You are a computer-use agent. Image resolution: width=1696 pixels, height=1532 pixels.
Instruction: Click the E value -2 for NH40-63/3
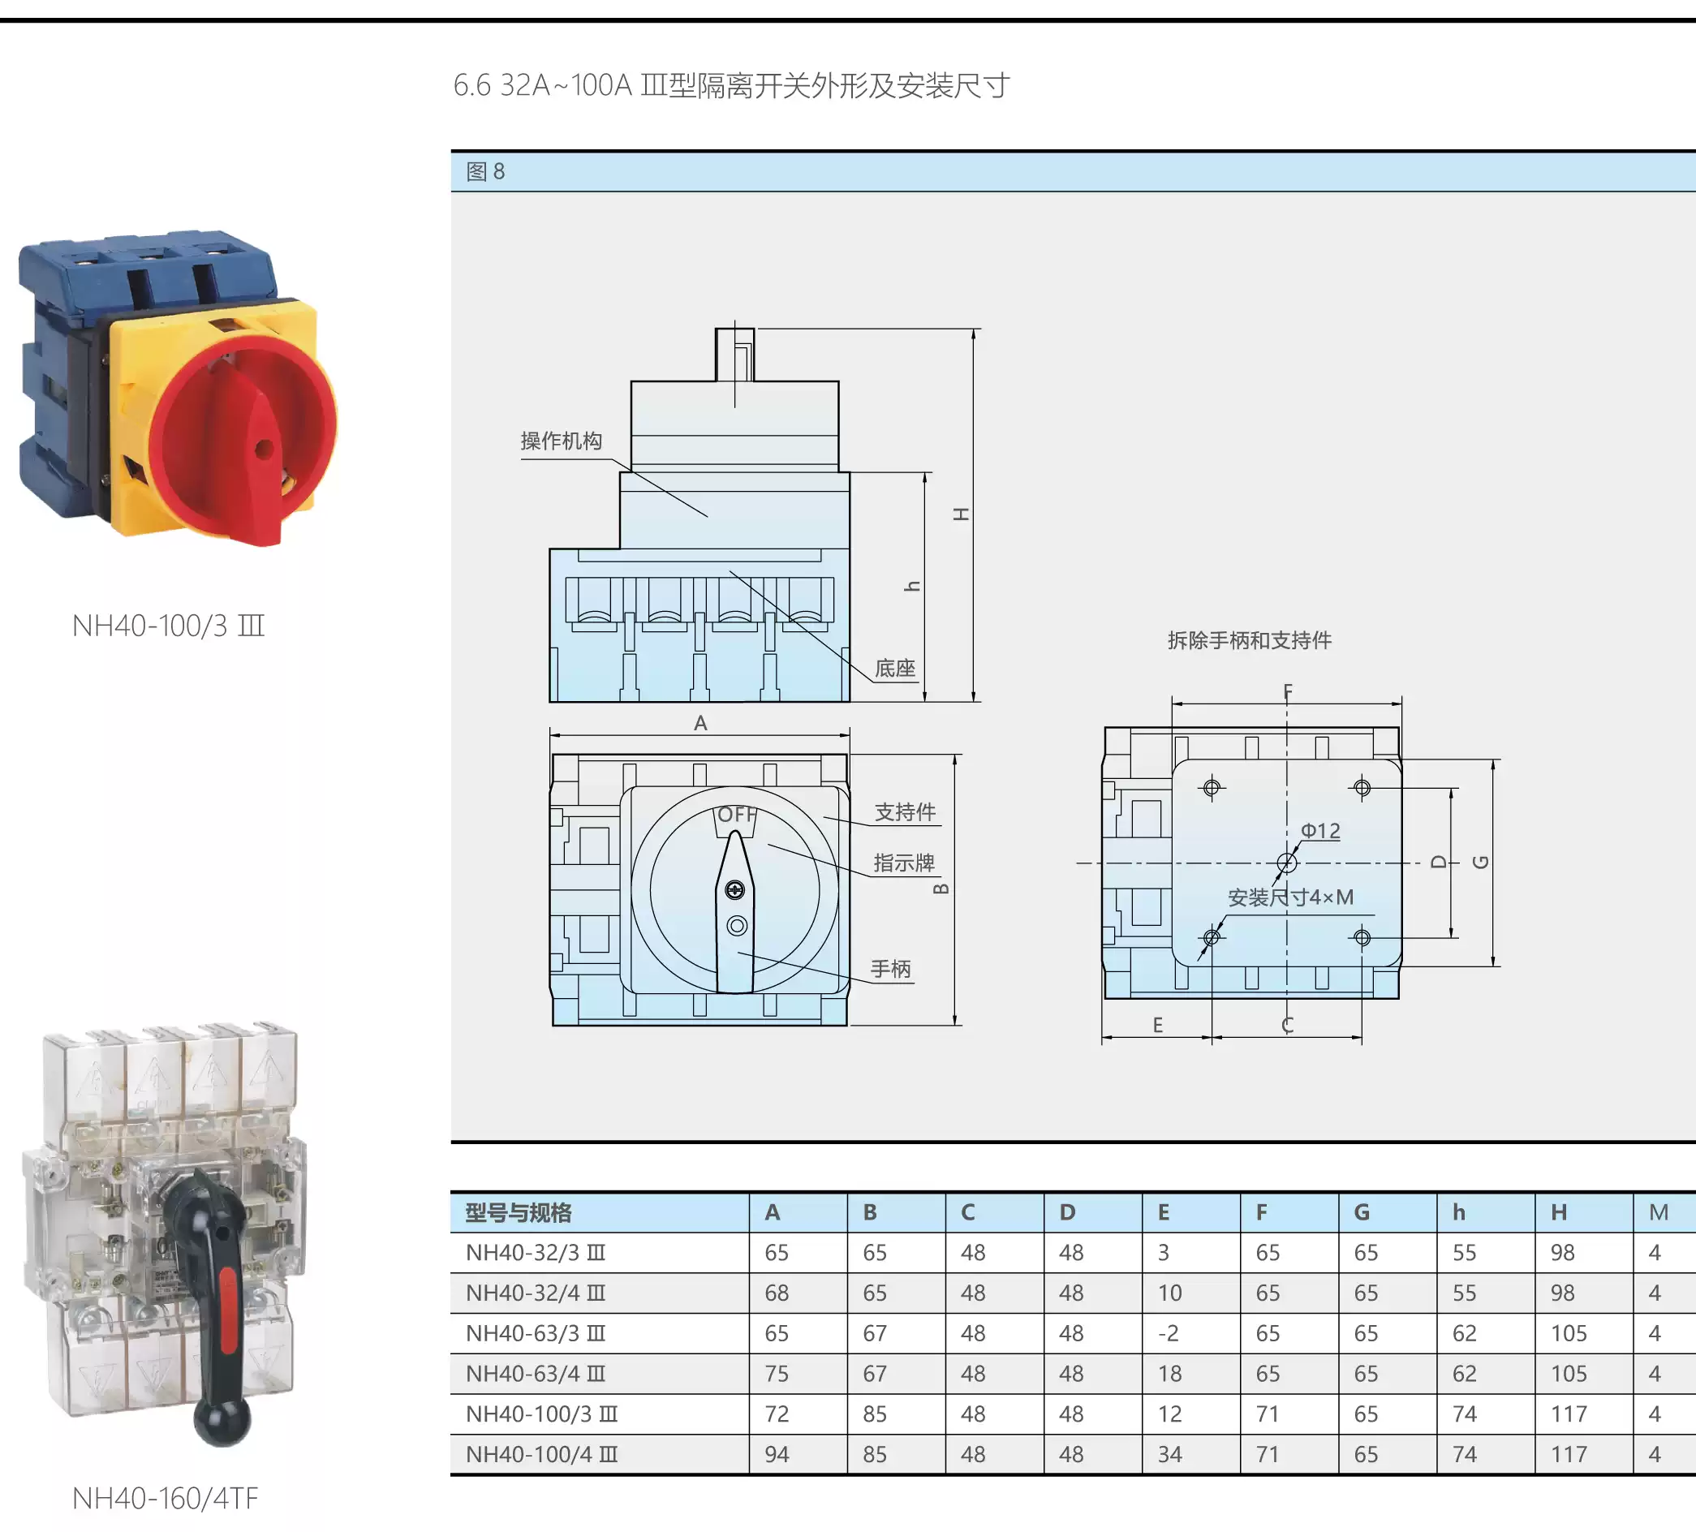1168,1333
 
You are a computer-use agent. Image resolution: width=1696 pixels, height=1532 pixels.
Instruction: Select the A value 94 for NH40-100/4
777,1455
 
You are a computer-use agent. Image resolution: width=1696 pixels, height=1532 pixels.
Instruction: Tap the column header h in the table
1459,1212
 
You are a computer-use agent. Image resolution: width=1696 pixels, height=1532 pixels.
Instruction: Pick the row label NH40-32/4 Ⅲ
536,1293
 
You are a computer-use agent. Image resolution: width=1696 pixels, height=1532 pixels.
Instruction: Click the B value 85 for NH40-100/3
875,1414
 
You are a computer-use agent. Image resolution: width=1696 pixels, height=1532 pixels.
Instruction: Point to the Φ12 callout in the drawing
1320,830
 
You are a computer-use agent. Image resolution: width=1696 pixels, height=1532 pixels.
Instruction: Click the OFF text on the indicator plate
737,815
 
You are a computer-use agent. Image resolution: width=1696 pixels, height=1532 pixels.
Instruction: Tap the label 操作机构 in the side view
561,441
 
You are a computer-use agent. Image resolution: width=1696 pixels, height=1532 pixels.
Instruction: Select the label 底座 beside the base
894,668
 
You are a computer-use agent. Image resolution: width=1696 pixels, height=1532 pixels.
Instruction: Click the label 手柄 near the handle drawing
890,969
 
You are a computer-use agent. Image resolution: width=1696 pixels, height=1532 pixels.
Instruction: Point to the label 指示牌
904,863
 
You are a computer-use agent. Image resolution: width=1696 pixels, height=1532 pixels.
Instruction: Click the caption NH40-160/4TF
165,1499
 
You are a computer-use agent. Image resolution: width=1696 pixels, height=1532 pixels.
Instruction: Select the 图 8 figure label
485,172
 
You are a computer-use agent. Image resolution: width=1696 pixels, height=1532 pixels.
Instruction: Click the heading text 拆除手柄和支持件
1250,640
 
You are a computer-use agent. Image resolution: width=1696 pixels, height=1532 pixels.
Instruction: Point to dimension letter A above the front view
700,723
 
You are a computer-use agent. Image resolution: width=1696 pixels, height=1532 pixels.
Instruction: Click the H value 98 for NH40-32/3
1562,1253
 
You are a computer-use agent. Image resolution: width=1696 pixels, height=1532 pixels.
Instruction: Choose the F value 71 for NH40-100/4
1267,1455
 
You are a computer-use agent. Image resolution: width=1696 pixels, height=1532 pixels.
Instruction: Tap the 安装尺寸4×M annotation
1290,897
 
